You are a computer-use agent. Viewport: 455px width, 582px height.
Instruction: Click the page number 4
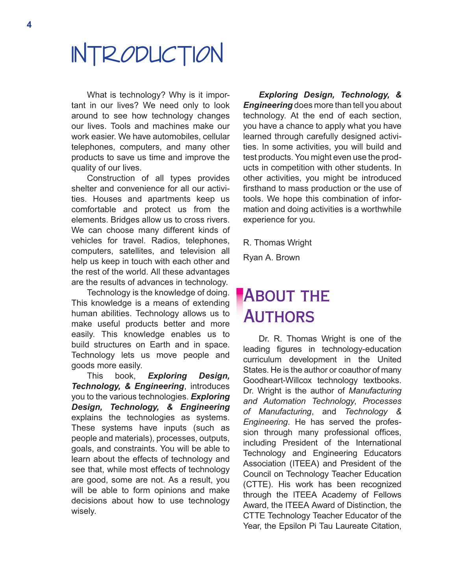tap(29, 25)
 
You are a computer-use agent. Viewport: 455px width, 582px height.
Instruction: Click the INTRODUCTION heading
tap(147, 54)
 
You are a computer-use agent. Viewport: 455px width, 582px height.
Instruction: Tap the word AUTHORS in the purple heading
tap(279, 317)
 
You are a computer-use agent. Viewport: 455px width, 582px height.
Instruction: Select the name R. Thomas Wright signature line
tap(277, 243)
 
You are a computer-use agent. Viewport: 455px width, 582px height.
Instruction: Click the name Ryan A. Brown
tap(271, 258)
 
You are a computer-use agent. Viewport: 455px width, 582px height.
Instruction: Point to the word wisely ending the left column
tap(83, 511)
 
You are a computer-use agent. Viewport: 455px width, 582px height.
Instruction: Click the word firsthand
tap(262, 188)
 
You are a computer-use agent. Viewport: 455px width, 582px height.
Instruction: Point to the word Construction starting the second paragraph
tap(111, 178)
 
